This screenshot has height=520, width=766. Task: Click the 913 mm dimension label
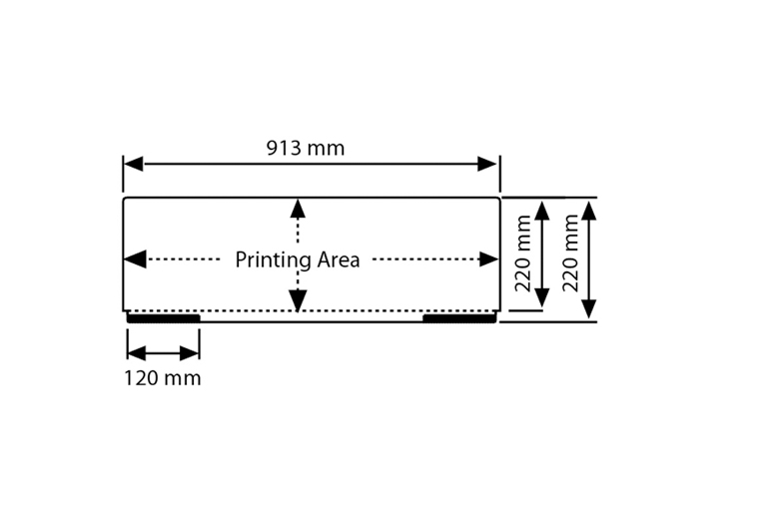tap(305, 149)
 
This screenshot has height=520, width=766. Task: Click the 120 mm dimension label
tap(163, 378)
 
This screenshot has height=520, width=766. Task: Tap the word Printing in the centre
tap(273, 260)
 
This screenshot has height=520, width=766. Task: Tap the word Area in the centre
tap(338, 260)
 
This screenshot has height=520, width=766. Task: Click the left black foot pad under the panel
tap(164, 318)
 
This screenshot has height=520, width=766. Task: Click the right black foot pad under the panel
tap(458, 318)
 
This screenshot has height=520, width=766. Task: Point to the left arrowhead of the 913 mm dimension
tap(134, 164)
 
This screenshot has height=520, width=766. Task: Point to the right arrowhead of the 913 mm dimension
tap(487, 164)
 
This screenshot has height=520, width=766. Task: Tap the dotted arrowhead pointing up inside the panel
tap(297, 208)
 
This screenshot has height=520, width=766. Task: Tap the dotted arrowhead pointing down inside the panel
tap(297, 300)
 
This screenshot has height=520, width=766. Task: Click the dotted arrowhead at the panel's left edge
tap(135, 260)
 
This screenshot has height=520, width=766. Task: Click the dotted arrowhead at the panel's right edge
tap(488, 260)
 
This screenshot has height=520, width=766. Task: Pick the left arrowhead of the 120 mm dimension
tap(138, 353)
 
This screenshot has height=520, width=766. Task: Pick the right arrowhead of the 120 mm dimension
tap(190, 353)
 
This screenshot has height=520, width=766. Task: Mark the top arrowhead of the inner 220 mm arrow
tap(542, 210)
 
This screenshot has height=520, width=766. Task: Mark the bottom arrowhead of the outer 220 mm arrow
tap(589, 308)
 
